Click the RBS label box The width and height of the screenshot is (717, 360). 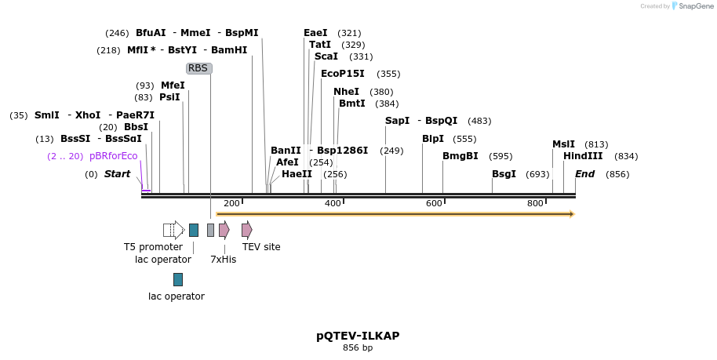click(x=198, y=68)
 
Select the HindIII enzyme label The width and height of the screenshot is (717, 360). click(x=583, y=156)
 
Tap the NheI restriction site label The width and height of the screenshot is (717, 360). click(x=346, y=92)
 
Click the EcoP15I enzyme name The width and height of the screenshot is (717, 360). click(x=343, y=74)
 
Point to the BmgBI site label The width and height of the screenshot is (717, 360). click(x=460, y=156)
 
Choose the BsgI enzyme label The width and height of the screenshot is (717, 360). click(x=504, y=174)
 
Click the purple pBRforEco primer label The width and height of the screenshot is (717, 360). click(x=114, y=156)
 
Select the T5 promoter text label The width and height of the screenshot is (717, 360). click(x=153, y=246)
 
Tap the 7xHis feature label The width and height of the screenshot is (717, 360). click(x=223, y=259)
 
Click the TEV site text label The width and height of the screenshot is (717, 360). click(x=261, y=246)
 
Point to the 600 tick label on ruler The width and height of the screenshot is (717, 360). click(x=434, y=204)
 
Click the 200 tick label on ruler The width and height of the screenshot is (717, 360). click(x=231, y=204)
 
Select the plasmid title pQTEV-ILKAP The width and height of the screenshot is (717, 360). click(x=358, y=336)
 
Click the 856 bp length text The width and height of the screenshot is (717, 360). click(x=358, y=347)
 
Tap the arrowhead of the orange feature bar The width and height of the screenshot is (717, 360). click(x=572, y=214)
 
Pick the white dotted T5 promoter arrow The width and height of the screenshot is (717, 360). click(x=173, y=230)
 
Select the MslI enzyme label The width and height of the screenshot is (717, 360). click(x=563, y=144)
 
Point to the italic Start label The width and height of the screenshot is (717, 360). click(x=117, y=174)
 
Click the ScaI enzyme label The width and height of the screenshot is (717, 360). click(x=326, y=56)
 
